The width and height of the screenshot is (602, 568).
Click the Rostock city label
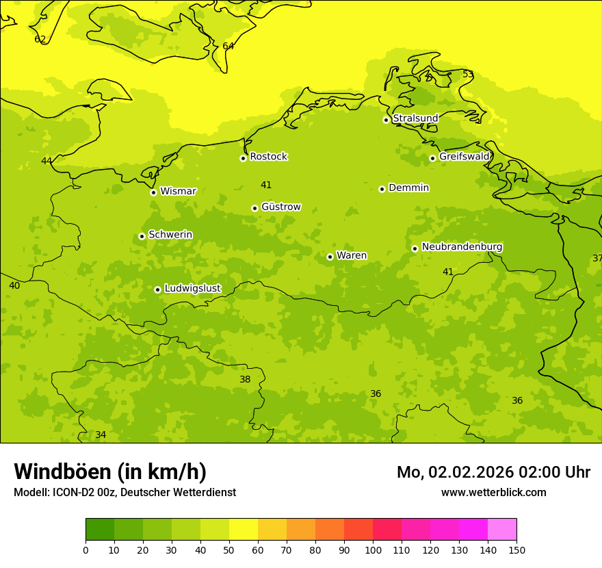(x=268, y=157)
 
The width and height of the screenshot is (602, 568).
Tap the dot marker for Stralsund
(x=386, y=120)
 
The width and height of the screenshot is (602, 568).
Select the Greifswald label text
(x=464, y=157)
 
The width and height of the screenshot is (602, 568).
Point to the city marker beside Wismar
(x=153, y=192)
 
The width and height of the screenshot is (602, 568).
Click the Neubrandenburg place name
(x=462, y=247)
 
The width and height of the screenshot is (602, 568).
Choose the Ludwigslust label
(x=192, y=289)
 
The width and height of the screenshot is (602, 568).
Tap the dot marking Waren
(x=330, y=257)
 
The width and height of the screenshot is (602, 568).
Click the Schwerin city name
(x=170, y=235)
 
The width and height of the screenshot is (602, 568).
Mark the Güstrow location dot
(x=254, y=208)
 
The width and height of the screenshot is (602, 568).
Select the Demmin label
(x=408, y=188)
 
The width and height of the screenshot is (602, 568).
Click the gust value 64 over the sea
(x=228, y=47)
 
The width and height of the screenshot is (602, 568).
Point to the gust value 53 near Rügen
(x=468, y=75)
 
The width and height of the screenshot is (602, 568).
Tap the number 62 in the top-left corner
(x=40, y=40)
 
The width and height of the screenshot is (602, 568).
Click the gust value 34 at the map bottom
(x=101, y=435)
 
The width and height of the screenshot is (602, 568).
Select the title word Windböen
(x=63, y=472)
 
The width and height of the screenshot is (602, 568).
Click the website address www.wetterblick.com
(x=493, y=493)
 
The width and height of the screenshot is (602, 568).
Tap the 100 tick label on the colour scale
(x=373, y=550)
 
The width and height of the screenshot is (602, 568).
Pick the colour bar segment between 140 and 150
(x=502, y=530)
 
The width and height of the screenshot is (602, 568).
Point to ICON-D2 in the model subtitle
(x=73, y=493)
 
